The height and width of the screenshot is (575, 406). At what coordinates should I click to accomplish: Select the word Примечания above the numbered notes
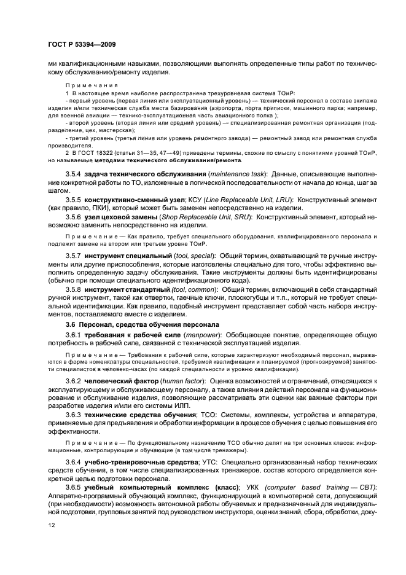(86, 85)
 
